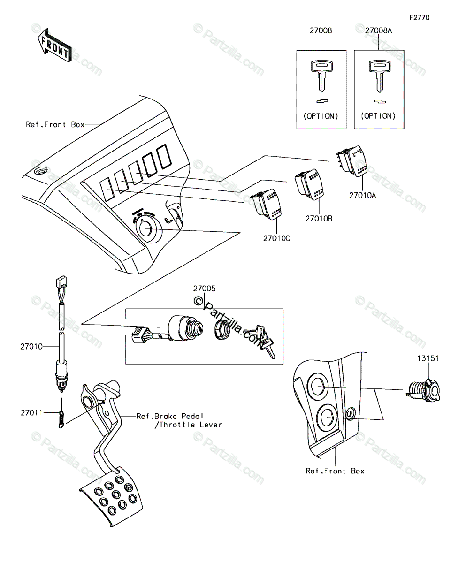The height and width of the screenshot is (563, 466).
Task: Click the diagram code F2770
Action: pyautogui.click(x=419, y=18)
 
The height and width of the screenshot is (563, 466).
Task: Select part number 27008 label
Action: pyautogui.click(x=321, y=31)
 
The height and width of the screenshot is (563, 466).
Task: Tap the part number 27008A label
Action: pyautogui.click(x=379, y=31)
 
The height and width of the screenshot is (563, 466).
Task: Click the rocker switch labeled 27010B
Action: pyautogui.click(x=308, y=187)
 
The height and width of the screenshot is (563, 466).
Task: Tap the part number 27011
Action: pyautogui.click(x=31, y=413)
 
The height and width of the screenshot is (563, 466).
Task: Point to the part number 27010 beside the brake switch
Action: pyautogui.click(x=31, y=347)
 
